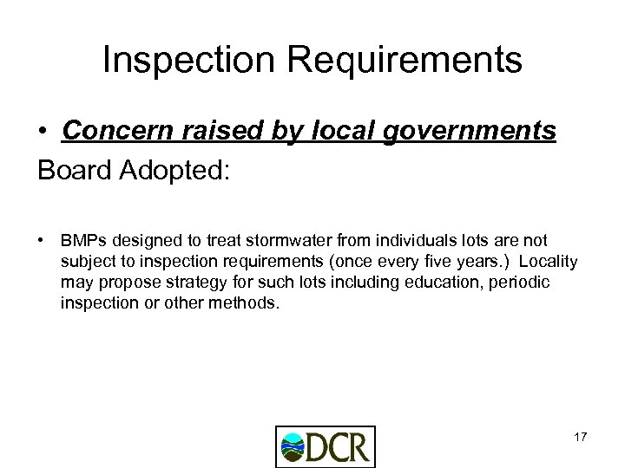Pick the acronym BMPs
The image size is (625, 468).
pyautogui.click(x=82, y=238)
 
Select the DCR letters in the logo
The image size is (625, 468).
pyautogui.click(x=341, y=447)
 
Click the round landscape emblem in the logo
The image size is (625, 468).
pyautogui.click(x=294, y=447)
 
